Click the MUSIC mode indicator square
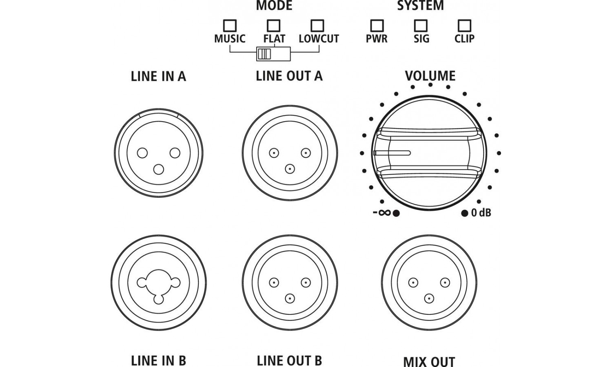(x=230, y=26)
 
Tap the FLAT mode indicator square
(x=273, y=26)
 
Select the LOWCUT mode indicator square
(x=317, y=26)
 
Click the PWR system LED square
(x=377, y=26)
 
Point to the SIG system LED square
(x=421, y=26)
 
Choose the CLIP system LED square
(x=464, y=26)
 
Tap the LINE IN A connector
(x=158, y=153)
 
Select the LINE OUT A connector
(x=290, y=153)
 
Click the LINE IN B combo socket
(x=158, y=283)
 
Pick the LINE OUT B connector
(x=290, y=283)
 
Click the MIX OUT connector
(x=429, y=283)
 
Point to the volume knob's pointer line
(x=392, y=153)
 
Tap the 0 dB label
(x=481, y=212)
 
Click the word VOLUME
(x=430, y=76)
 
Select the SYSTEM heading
(x=420, y=6)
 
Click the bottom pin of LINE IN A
(x=158, y=169)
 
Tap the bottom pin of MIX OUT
(x=429, y=299)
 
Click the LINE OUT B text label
(x=289, y=361)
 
